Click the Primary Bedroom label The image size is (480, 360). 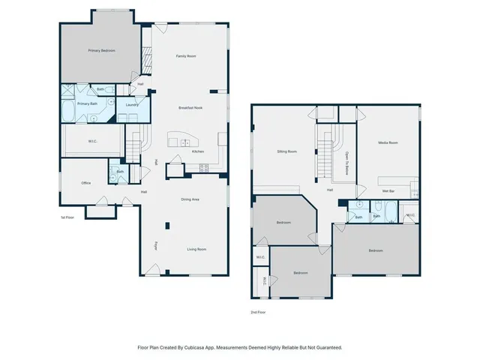click(x=99, y=50)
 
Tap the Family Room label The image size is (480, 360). click(x=186, y=56)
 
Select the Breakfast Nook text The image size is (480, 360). click(x=190, y=108)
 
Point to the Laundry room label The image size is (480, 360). click(x=131, y=105)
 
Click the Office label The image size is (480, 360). click(x=87, y=183)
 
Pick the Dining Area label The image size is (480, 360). click(x=190, y=199)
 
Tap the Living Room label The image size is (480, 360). click(x=196, y=249)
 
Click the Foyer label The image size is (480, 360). click(x=156, y=244)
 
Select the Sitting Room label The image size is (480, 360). click(x=287, y=151)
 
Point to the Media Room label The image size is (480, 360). click(x=388, y=142)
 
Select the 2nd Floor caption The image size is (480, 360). click(x=258, y=312)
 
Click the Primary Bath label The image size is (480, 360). click(x=88, y=104)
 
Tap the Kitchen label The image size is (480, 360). click(x=198, y=152)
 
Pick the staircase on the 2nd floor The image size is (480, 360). click(x=324, y=158)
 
